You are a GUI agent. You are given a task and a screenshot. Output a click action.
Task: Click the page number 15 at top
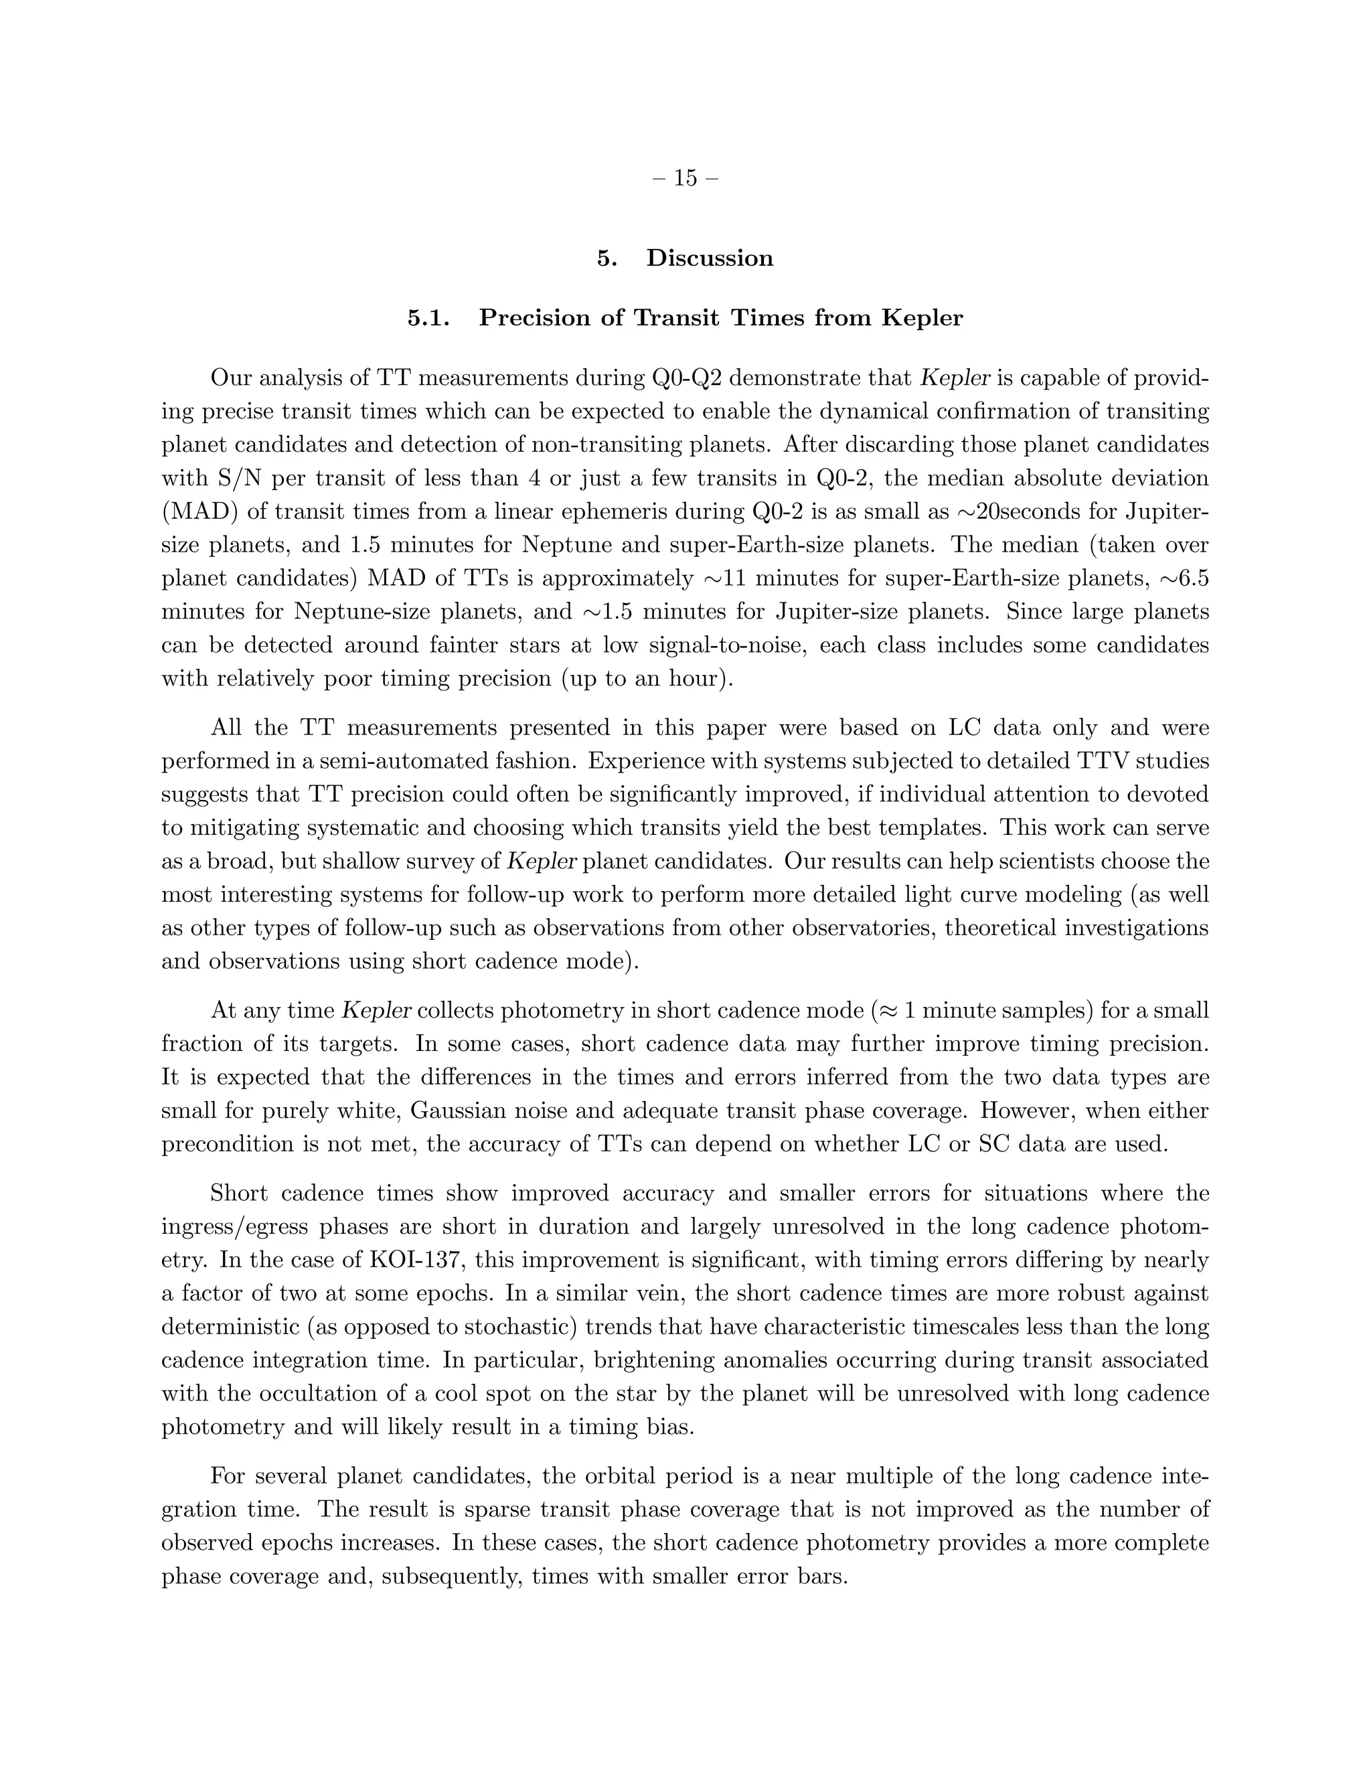point(685,178)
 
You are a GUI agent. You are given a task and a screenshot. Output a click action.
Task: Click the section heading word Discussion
point(709,258)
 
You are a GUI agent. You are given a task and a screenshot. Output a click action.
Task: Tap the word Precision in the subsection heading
point(532,317)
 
